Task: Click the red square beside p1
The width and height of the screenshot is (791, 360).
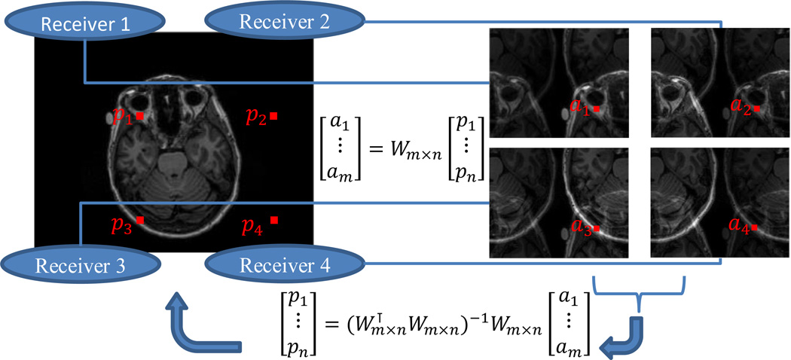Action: (140, 117)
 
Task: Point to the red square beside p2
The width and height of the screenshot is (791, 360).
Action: (273, 116)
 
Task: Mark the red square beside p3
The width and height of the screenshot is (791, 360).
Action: (140, 220)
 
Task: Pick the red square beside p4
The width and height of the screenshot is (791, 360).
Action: (274, 220)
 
